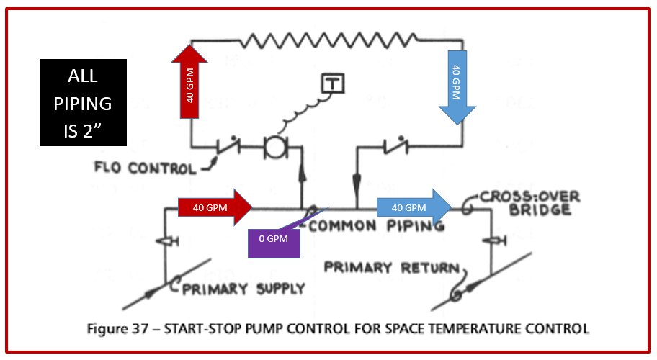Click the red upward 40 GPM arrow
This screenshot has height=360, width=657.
click(189, 80)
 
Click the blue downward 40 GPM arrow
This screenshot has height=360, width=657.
click(455, 84)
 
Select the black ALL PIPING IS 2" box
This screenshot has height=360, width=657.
click(83, 103)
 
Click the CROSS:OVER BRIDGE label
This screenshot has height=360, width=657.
click(531, 203)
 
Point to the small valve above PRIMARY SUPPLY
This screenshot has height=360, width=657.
click(168, 242)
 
